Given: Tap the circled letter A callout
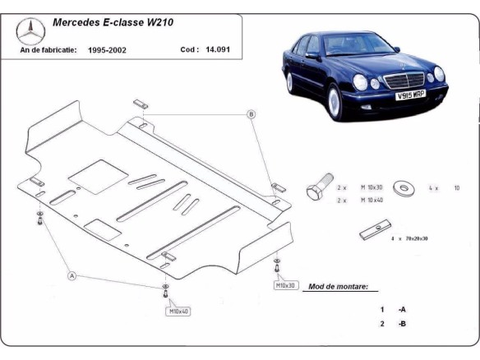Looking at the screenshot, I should [72, 276].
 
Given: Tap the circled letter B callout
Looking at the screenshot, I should [252, 113].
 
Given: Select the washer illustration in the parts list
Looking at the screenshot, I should [404, 187].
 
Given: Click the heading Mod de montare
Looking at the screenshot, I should [338, 288].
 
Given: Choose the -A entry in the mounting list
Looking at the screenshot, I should [402, 309].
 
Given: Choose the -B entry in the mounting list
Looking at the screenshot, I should [402, 324].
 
